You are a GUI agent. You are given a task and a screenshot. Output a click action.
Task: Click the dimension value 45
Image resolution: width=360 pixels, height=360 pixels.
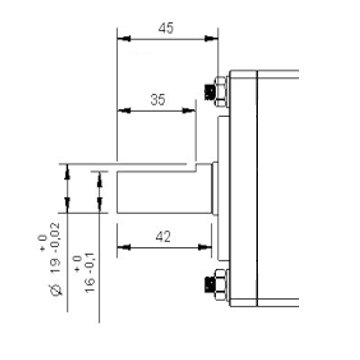(x=166, y=29)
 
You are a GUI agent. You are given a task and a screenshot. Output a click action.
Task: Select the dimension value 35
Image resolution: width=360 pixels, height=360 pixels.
(x=158, y=100)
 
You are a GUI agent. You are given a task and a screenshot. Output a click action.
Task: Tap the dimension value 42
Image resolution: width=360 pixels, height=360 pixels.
(x=163, y=237)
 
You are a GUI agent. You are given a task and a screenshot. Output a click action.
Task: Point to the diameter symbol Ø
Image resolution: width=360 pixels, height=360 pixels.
(x=57, y=290)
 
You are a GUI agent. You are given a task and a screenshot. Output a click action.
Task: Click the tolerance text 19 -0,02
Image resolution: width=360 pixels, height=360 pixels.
(x=56, y=248)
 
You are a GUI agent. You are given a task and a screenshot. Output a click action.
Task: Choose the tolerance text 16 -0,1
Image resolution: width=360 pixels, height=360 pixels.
(x=90, y=272)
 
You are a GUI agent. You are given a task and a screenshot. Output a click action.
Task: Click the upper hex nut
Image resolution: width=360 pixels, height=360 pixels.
(x=220, y=91)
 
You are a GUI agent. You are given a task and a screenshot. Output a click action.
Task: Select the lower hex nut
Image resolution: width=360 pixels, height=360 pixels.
(x=220, y=284)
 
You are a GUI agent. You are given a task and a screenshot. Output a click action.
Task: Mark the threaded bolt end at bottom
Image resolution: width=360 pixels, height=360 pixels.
(x=210, y=284)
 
